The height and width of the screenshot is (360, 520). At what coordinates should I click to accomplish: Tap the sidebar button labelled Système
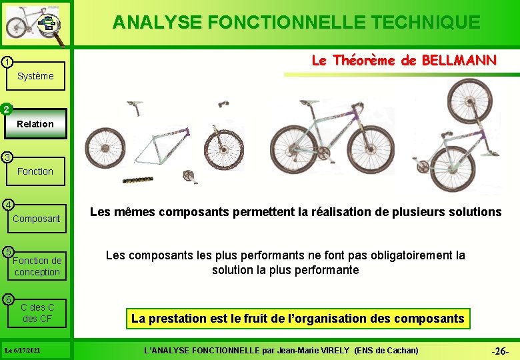(x=35, y=76)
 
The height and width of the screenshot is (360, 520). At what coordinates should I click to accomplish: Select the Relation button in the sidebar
(x=35, y=124)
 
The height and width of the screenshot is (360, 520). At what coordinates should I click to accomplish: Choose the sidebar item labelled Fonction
(x=35, y=171)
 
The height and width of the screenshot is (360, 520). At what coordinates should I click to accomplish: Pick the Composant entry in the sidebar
(x=37, y=219)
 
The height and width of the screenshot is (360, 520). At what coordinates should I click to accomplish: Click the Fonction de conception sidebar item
(x=37, y=266)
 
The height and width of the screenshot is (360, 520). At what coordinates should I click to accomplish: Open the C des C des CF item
(x=37, y=313)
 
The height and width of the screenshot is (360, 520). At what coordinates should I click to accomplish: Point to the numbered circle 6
(x=6, y=298)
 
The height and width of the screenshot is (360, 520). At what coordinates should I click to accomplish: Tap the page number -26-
(x=500, y=351)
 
